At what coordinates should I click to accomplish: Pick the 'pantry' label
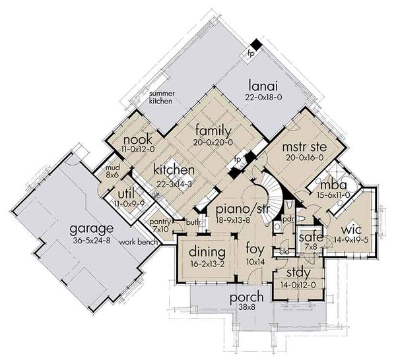(161, 222)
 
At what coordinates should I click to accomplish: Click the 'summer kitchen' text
(161, 98)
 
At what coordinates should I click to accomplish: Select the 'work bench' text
(137, 242)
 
